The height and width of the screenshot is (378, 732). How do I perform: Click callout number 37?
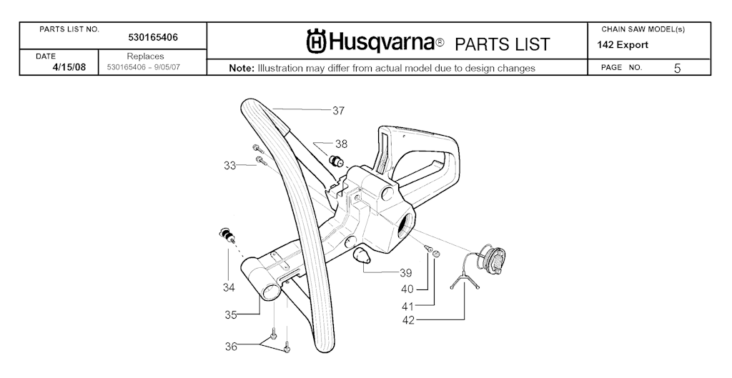point(338,111)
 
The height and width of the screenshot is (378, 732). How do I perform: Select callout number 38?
point(341,144)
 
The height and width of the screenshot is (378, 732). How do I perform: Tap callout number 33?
point(229,165)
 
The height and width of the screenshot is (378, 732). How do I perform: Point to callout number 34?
point(228,287)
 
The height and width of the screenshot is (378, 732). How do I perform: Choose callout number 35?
point(231,315)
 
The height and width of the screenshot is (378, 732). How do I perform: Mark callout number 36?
point(231,347)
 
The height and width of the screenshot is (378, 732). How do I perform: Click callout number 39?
point(406,272)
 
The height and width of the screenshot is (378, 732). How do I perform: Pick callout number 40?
point(407,289)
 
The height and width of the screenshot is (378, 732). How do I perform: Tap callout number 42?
point(408,321)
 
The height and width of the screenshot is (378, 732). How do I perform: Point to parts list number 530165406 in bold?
point(153,38)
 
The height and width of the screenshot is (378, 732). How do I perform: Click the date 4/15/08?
point(69,66)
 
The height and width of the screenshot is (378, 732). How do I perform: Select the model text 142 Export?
point(623,45)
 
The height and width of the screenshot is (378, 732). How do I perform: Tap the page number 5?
point(678,68)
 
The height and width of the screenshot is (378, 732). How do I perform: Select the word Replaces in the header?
point(145,56)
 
